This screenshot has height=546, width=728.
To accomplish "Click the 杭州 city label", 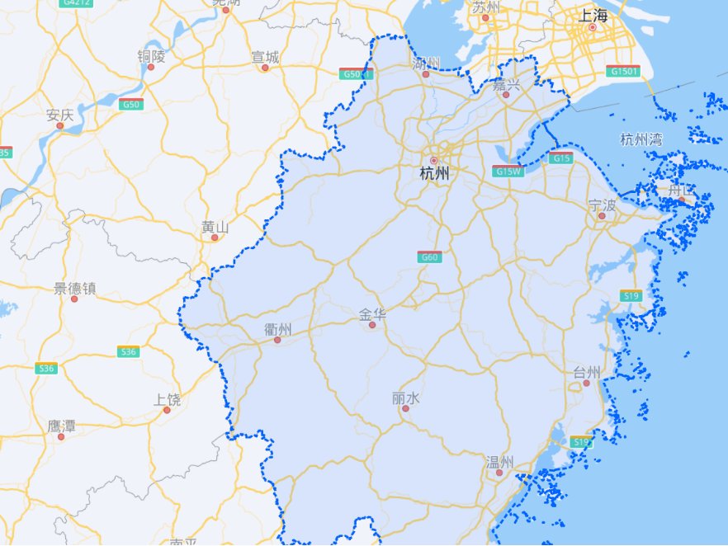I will click(x=434, y=174).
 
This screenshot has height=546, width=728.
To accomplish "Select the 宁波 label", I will click(x=603, y=204).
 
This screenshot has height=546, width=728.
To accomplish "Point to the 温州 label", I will click(x=499, y=461).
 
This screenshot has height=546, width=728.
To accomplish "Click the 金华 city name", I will click(x=372, y=314).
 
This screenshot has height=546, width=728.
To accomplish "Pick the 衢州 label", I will click(x=278, y=328).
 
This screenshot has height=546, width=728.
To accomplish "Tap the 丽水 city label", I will click(x=406, y=398).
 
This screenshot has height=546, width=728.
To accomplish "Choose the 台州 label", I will click(x=587, y=372).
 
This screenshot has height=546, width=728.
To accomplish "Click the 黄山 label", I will click(x=215, y=226).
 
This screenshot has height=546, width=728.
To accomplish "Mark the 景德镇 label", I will click(x=75, y=288).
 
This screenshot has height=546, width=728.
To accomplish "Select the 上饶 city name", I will click(x=167, y=399).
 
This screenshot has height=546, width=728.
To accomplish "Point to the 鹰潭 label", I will click(x=61, y=426).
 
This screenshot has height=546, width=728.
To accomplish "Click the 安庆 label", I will click(x=60, y=115).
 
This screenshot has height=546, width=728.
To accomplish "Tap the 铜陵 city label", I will click(x=151, y=56).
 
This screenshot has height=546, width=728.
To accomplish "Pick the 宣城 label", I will click(x=265, y=57).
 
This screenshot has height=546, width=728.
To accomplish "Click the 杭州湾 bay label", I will click(x=641, y=139).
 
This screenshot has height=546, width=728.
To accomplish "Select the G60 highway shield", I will click(x=429, y=257).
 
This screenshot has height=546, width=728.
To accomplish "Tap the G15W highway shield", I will click(x=508, y=172).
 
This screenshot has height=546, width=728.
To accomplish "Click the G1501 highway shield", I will click(x=623, y=72).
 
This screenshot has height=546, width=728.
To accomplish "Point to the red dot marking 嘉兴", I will click(x=507, y=95).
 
